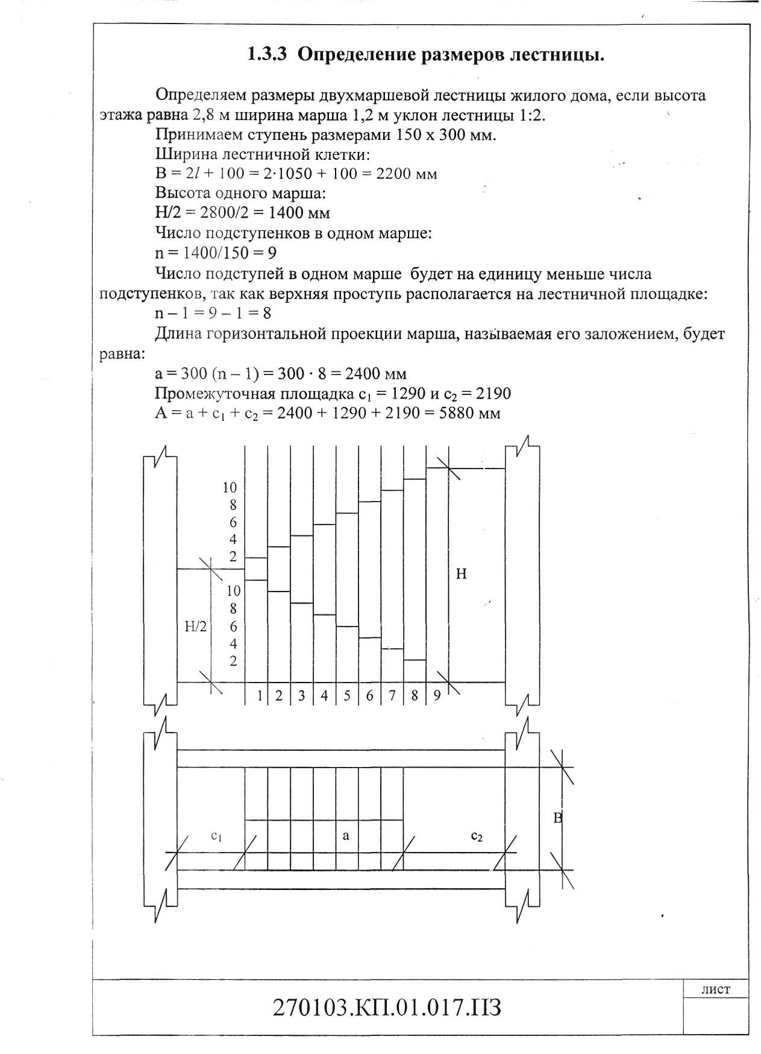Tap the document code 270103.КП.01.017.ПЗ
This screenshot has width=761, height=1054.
[x=387, y=1008]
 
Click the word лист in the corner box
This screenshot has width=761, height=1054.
[x=716, y=989]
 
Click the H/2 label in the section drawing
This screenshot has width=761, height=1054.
[x=195, y=626]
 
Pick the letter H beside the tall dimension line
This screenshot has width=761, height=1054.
[x=461, y=574]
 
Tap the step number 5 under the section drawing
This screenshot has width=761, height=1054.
[x=347, y=696]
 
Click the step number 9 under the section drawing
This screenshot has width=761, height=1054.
[x=437, y=696]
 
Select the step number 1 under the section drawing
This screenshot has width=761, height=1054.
[x=260, y=696]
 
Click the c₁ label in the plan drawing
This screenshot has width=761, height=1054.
[x=217, y=836]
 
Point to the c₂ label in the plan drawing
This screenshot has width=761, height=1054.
[x=476, y=836]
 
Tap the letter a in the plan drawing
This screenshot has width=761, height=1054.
[x=346, y=836]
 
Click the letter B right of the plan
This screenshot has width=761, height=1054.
[x=557, y=818]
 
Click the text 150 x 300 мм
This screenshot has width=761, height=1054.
[x=445, y=134]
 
